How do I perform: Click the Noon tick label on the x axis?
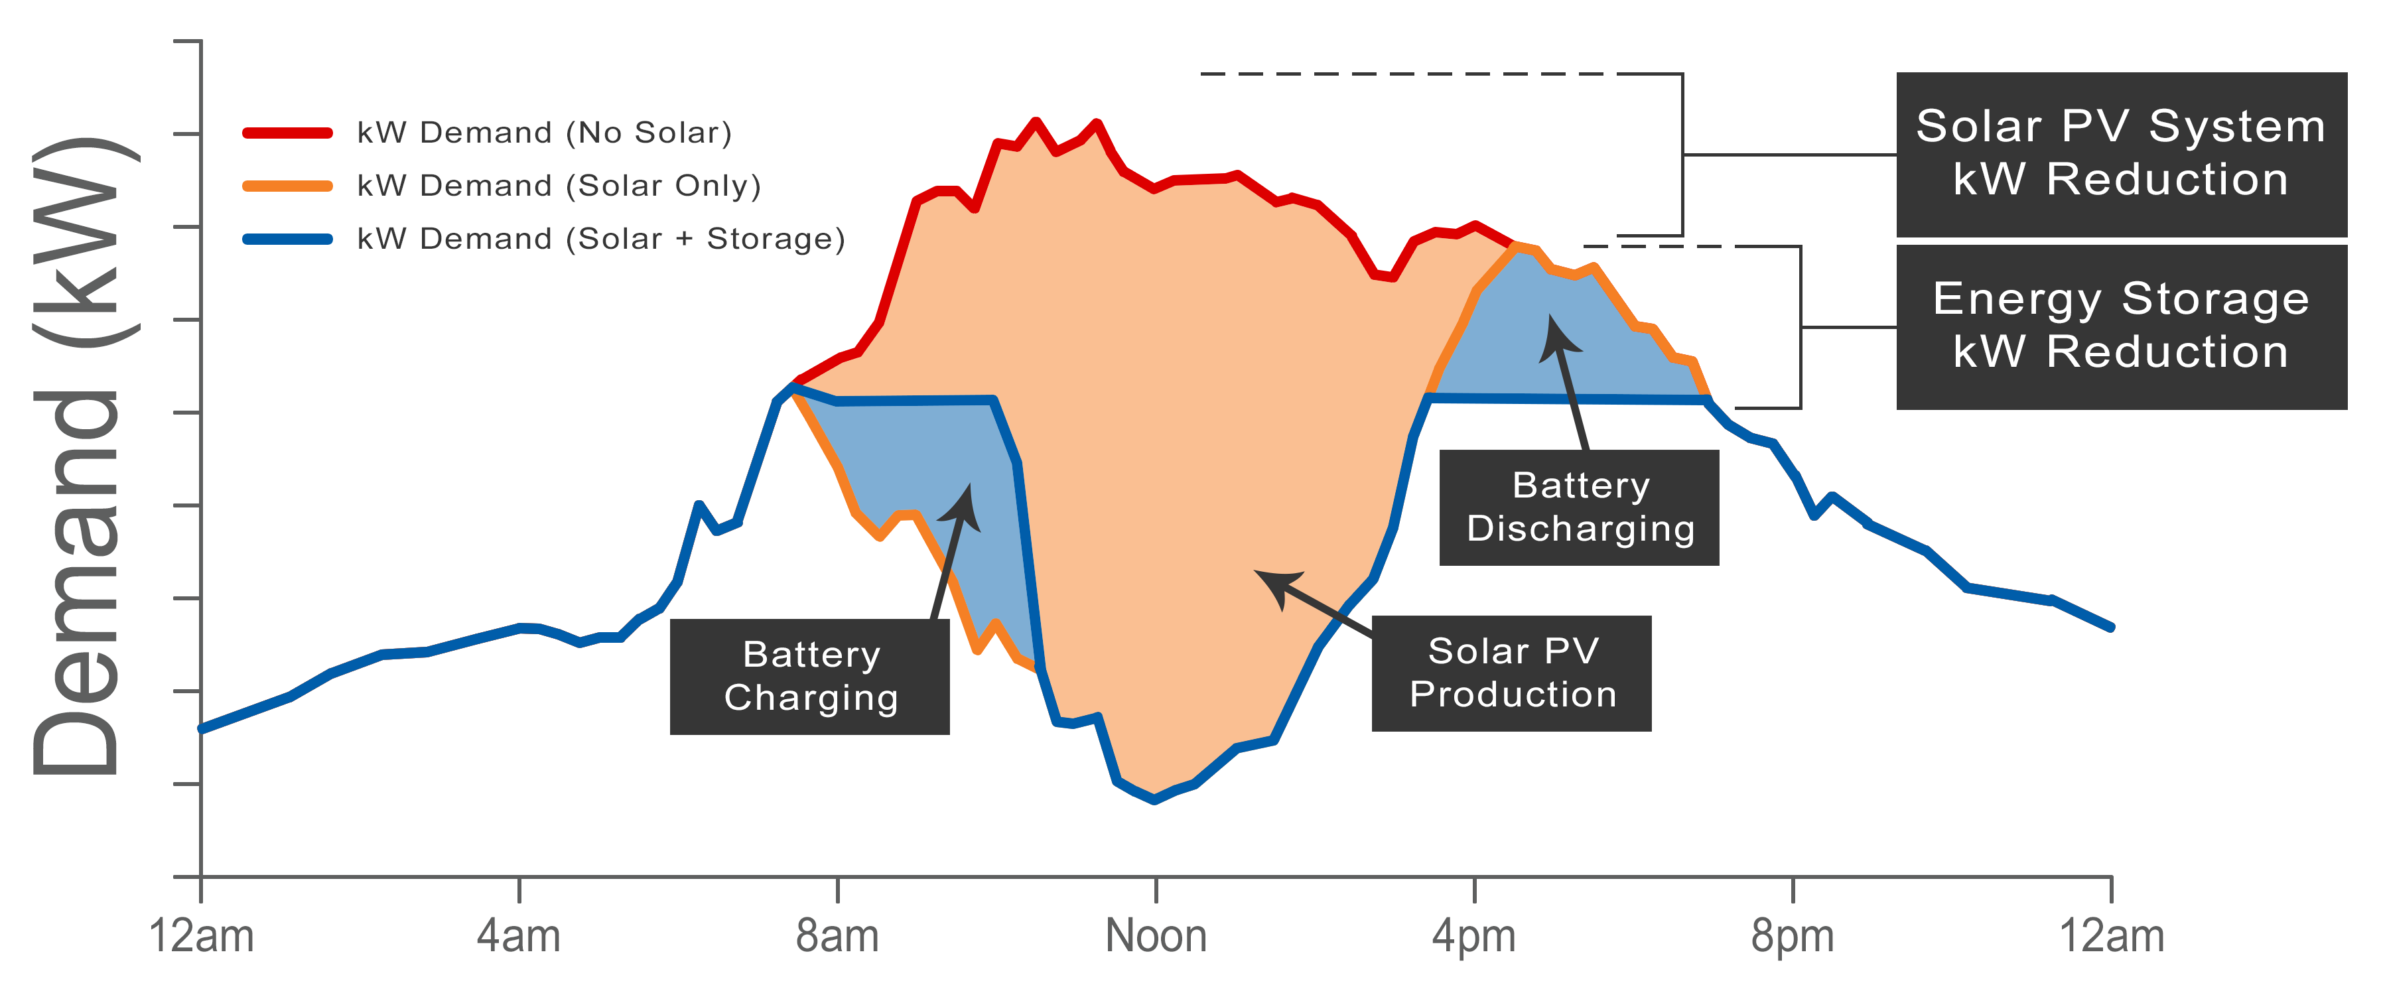(1156, 936)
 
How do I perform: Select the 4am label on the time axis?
(519, 936)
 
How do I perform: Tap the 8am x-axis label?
(837, 936)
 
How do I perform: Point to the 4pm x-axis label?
(1474, 936)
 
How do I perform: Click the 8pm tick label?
(1793, 936)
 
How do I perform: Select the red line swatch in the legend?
(287, 133)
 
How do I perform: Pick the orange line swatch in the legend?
(287, 186)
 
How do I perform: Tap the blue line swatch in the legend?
(287, 239)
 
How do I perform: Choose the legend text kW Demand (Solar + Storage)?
(601, 239)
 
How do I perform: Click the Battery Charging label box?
(809, 677)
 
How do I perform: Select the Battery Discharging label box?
(1579, 507)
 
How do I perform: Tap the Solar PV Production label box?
(1511, 673)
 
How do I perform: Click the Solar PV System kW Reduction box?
(2121, 155)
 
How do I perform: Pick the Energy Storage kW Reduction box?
(2121, 326)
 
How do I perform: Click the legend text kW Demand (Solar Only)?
(559, 186)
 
